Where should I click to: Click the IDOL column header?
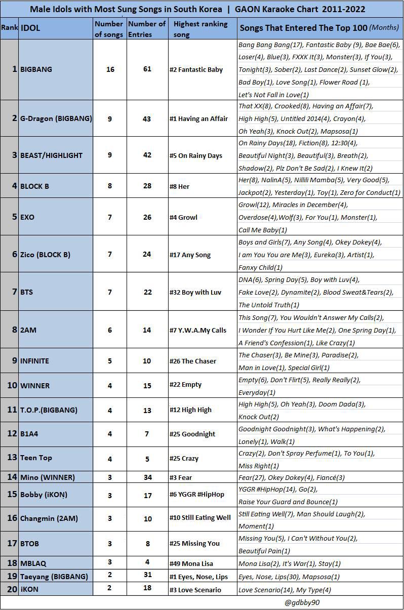[30, 28]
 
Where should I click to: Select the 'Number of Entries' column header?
[147, 28]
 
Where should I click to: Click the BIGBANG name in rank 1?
[36, 69]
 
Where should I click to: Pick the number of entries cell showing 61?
[147, 69]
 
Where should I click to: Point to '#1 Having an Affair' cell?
[198, 118]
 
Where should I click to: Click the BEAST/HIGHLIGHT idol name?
[51, 155]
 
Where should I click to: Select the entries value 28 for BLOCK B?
[147, 186]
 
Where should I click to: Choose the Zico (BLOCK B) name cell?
[45, 254]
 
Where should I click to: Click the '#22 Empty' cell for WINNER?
[185, 385]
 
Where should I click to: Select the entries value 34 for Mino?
[147, 477]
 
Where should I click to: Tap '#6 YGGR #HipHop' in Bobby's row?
[197, 494]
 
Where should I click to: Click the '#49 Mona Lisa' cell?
[191, 563]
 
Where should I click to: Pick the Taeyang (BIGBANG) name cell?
[54, 576]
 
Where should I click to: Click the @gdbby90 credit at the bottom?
[302, 602]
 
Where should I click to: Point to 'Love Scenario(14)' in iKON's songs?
[266, 590]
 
